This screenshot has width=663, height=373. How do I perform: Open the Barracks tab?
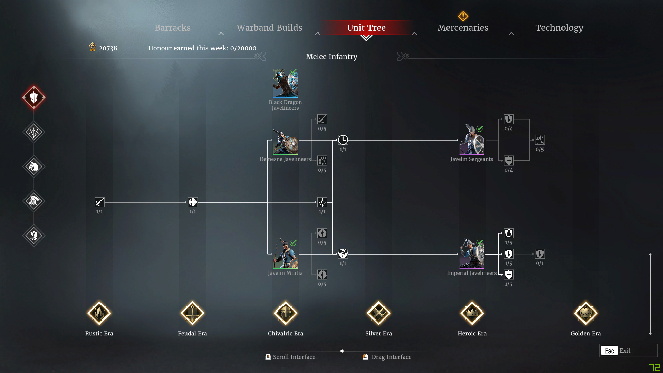click(x=172, y=28)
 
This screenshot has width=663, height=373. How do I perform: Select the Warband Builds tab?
click(x=269, y=28)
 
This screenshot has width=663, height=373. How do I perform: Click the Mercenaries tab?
click(x=463, y=28)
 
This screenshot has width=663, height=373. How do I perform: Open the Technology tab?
click(x=559, y=28)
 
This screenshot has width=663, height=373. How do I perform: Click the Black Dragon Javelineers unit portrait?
click(x=286, y=84)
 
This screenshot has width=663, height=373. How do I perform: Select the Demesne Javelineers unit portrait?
click(x=286, y=142)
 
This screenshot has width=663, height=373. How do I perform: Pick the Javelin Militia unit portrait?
click(x=286, y=254)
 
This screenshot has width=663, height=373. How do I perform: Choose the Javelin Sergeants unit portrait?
click(x=472, y=140)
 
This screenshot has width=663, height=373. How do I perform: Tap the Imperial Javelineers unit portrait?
click(x=472, y=254)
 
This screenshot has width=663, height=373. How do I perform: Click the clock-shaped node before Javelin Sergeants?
click(x=343, y=140)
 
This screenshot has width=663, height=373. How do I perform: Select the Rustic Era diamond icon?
click(x=99, y=313)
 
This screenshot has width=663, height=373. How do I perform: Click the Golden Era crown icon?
click(x=586, y=313)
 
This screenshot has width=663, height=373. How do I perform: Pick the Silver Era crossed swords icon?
click(x=378, y=313)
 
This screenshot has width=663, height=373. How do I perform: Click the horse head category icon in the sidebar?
click(x=34, y=166)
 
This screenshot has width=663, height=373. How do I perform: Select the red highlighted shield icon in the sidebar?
click(x=34, y=97)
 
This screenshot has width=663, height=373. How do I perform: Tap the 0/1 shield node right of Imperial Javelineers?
click(x=540, y=254)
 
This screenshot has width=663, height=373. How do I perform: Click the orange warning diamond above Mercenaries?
click(x=463, y=16)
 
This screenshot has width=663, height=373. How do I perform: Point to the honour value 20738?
click(x=108, y=48)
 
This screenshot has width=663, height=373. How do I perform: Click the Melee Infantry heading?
click(x=331, y=57)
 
